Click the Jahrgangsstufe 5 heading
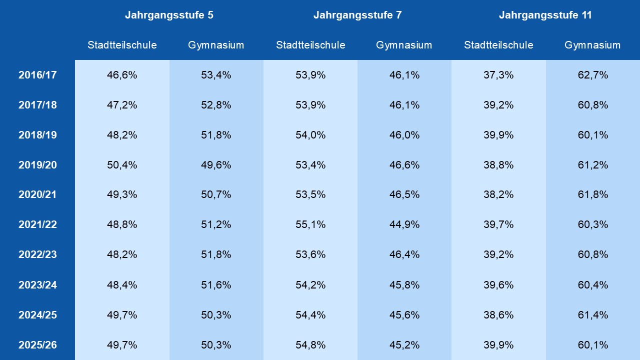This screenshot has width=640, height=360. pyautogui.click(x=169, y=15)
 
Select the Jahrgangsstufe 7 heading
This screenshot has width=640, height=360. pyautogui.click(x=357, y=15)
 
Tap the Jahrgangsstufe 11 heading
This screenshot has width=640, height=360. pyautogui.click(x=545, y=15)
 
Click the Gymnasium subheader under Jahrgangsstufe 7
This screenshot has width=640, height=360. pyautogui.click(x=404, y=45)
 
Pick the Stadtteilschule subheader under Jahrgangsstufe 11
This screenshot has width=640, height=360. pyautogui.click(x=498, y=45)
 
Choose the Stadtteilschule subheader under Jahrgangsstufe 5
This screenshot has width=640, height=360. pyautogui.click(x=122, y=45)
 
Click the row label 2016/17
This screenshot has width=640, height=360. pyautogui.click(x=37, y=75)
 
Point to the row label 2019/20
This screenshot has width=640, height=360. pyautogui.click(x=37, y=165)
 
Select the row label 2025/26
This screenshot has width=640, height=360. pyautogui.click(x=37, y=345)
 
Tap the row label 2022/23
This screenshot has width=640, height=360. pyautogui.click(x=37, y=254)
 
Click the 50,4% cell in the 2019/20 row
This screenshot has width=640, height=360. pyautogui.click(x=122, y=165)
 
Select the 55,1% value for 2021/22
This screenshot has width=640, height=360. pyautogui.click(x=310, y=224)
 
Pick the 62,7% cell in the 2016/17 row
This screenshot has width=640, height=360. pyautogui.click(x=593, y=75)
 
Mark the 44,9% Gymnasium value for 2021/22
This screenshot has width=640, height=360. pyautogui.click(x=404, y=224)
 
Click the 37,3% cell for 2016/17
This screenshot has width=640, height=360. pyautogui.click(x=498, y=75)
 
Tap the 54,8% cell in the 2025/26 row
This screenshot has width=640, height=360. pyautogui.click(x=310, y=345)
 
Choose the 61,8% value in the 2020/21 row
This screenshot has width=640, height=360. pyautogui.click(x=593, y=194)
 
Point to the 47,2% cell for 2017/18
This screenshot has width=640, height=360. pyautogui.click(x=122, y=105)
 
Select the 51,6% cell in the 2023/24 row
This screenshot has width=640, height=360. pyautogui.click(x=216, y=285)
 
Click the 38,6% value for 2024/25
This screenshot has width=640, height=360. pyautogui.click(x=498, y=315)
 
